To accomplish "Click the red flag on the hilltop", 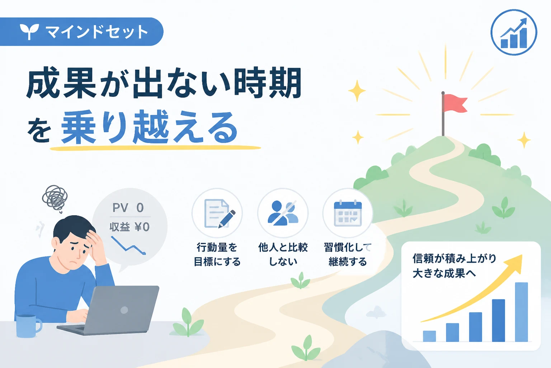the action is (x=455, y=103).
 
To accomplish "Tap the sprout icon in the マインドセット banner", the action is (x=29, y=31).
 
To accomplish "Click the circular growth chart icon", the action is (x=514, y=32).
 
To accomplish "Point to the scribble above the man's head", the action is (x=55, y=198).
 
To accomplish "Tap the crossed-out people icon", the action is (x=283, y=213).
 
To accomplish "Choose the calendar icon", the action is (x=348, y=213).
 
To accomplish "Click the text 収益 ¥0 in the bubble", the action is (x=129, y=227).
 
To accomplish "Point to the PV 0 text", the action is (x=128, y=208).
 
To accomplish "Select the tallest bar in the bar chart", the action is (x=521, y=312).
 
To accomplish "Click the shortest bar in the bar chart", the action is (x=429, y=336).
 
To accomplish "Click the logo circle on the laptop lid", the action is (x=124, y=310).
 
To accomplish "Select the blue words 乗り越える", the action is (x=150, y=127).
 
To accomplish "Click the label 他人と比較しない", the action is (x=283, y=254).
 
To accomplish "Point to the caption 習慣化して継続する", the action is (x=348, y=254).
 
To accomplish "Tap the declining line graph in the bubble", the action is (x=128, y=245).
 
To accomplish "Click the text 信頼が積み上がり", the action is (x=454, y=258).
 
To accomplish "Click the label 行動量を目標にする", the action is (x=217, y=254).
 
